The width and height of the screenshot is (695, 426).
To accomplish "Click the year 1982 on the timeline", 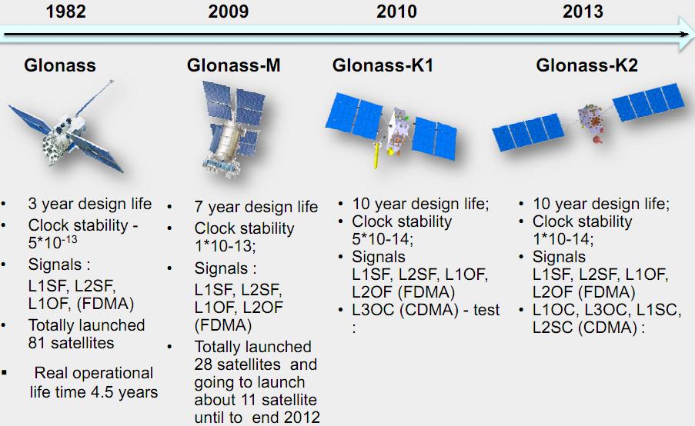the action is point(65,11).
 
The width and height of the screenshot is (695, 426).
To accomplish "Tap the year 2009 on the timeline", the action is point(229,11).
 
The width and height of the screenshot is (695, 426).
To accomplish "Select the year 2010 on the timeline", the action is point(396,11).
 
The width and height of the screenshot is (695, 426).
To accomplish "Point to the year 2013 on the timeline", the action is point(583,11).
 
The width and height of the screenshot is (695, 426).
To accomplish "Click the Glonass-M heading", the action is point(233,65).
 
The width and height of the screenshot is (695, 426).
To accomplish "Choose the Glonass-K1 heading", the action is point(383,65).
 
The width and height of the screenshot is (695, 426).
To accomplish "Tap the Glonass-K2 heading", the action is point(586,65).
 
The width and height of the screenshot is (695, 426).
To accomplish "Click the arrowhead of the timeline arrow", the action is point(685,34).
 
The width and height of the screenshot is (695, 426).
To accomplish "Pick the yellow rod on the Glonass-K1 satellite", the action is point(376,155).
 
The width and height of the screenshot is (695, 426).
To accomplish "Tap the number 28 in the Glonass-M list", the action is point(203,364).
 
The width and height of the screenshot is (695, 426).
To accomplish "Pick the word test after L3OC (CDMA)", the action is point(486,310).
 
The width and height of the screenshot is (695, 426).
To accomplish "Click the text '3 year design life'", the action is point(90,204).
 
